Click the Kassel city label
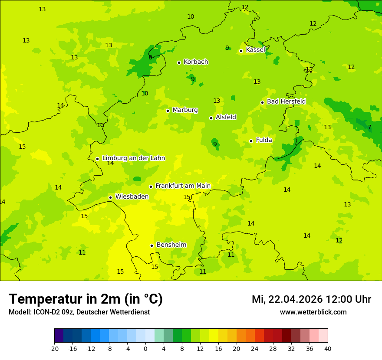point(255,50)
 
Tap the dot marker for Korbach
point(179,62)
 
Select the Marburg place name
point(185,110)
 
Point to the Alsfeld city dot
point(211,118)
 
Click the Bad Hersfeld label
point(286,101)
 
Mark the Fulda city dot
point(251,141)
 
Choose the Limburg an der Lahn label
point(133,158)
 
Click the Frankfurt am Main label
point(183,186)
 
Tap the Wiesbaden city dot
point(110,197)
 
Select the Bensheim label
point(171,245)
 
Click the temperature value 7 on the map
point(369,127)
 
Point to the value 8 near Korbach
point(150,57)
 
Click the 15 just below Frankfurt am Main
point(187,197)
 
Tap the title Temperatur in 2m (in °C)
point(86,299)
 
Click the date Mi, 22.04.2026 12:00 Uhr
point(311,299)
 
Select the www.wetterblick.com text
point(313,312)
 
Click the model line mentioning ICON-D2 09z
point(79,312)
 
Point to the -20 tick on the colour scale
point(54,349)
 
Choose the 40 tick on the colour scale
point(328,349)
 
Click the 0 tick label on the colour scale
point(145,349)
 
